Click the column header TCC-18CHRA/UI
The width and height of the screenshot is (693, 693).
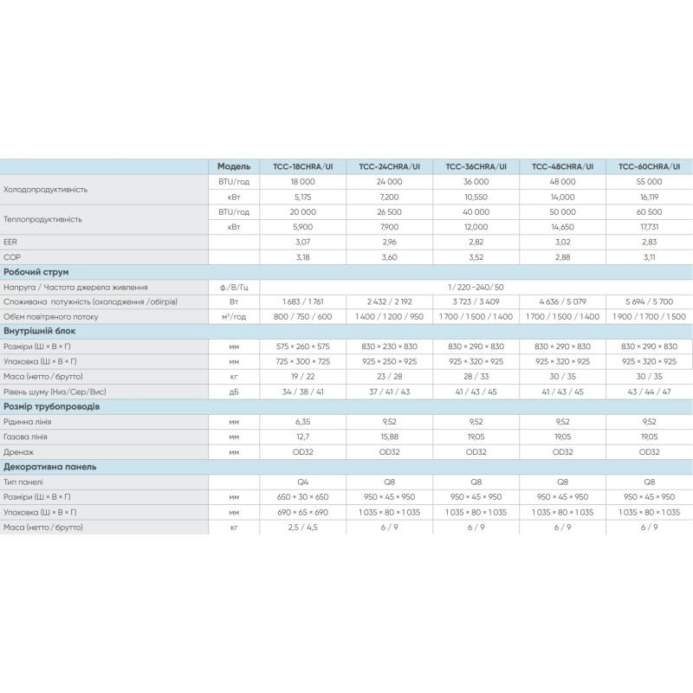click(302, 166)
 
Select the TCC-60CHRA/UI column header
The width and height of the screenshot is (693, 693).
click(649, 166)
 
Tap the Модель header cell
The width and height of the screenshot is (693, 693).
click(234, 166)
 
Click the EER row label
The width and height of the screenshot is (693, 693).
click(11, 242)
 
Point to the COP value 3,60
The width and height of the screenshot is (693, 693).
click(389, 256)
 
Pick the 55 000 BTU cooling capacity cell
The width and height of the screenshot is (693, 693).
click(649, 181)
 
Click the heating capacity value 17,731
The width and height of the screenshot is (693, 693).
click(649, 226)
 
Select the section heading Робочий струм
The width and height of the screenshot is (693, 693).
click(36, 272)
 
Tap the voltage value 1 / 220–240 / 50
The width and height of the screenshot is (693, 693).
click(476, 287)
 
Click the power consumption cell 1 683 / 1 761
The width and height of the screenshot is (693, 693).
click(302, 301)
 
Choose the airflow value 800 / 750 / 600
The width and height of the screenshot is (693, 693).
click(302, 316)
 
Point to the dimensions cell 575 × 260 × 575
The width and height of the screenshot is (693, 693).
click(302, 346)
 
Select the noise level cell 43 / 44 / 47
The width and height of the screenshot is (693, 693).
click(649, 391)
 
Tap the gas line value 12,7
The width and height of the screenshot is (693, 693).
click(302, 436)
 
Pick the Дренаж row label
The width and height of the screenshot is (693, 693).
click(19, 450)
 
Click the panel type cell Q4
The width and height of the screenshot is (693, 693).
click(302, 481)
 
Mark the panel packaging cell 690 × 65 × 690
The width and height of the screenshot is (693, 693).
click(302, 511)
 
